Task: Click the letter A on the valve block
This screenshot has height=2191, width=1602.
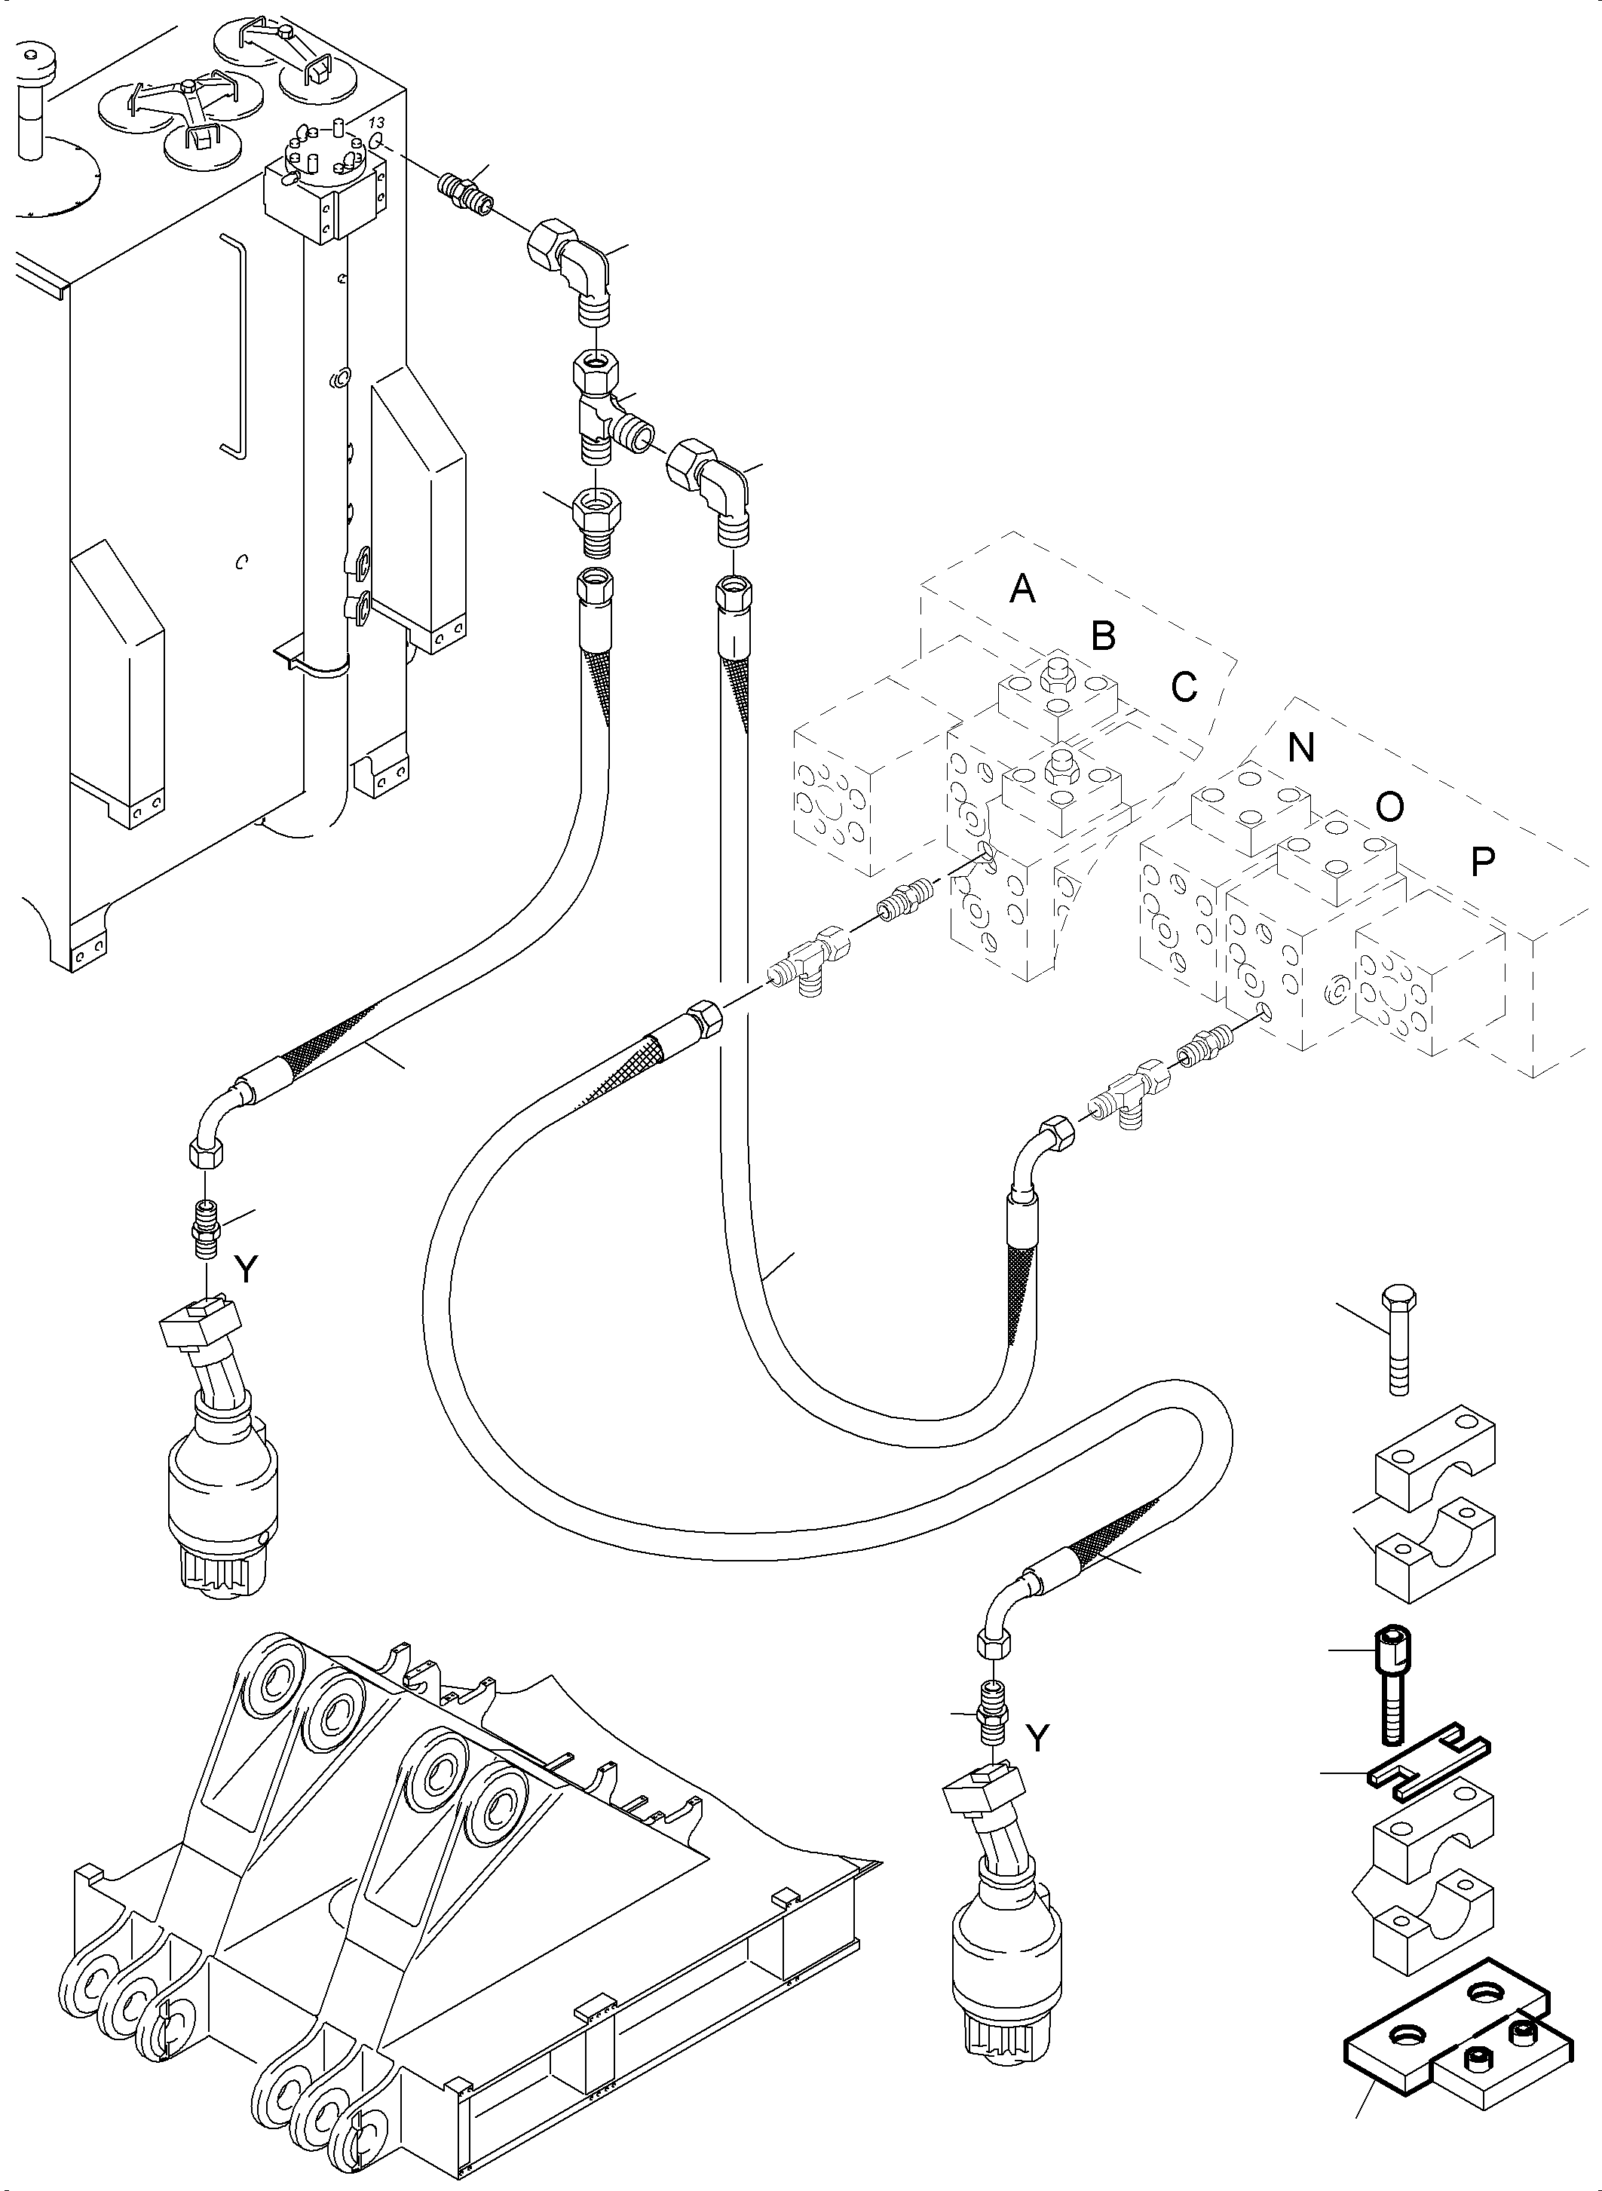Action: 1022,588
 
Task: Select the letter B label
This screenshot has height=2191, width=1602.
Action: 1104,636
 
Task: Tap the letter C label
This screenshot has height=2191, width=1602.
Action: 1184,687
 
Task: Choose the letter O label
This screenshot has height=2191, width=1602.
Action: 1389,806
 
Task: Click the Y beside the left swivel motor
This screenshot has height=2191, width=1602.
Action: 247,1270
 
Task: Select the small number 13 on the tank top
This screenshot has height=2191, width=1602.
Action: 377,123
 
